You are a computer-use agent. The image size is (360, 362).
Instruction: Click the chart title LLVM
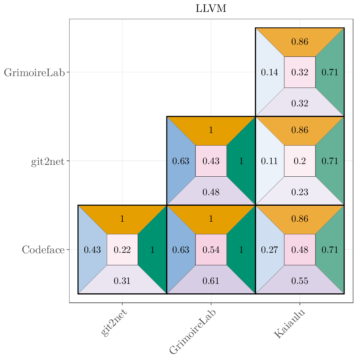(211, 9)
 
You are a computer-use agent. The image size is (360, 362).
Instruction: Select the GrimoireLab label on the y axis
(34, 73)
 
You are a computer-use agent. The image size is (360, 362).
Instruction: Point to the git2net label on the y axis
(47, 162)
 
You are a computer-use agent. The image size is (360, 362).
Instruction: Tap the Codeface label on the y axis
(43, 250)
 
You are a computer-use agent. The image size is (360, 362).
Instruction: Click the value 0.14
(269, 72)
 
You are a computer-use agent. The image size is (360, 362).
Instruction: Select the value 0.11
(269, 161)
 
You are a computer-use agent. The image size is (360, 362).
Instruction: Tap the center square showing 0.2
(299, 161)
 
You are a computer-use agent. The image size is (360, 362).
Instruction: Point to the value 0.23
(299, 192)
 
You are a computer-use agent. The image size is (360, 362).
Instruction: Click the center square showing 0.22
(122, 250)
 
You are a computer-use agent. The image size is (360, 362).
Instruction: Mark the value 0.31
(122, 281)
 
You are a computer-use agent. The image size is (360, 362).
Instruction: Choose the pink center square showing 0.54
(211, 250)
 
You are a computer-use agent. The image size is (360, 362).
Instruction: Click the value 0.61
(211, 281)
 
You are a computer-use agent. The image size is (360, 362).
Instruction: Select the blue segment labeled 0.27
(269, 250)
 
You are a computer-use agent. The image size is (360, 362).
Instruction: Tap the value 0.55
(299, 281)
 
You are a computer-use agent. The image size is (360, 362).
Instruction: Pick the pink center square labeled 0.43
(211, 161)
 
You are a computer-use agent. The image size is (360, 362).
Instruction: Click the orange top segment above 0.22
(122, 219)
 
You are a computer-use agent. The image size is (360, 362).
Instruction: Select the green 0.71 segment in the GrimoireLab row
(330, 72)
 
